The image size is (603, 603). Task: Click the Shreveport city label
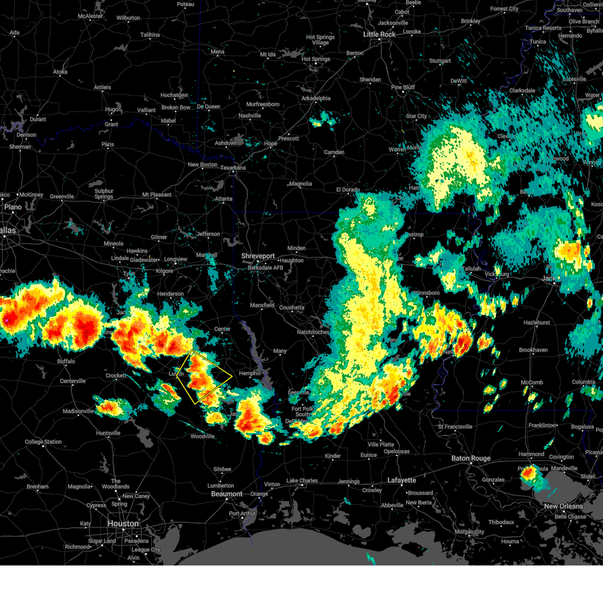tap(258, 256)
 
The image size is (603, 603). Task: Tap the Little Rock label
tap(379, 34)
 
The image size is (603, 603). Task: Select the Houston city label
tap(123, 524)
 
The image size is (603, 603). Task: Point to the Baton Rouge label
tap(471, 458)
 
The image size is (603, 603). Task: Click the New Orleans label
tap(564, 506)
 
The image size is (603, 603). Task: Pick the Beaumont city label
tap(227, 494)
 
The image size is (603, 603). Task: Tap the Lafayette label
tap(401, 480)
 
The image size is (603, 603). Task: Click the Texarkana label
tap(233, 168)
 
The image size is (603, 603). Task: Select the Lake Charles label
tap(302, 481)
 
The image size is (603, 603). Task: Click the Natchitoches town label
tap(313, 332)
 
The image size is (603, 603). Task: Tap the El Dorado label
tap(348, 190)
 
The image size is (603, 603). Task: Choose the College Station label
tap(43, 442)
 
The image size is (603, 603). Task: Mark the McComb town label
tap(532, 382)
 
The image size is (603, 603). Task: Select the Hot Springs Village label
tap(320, 40)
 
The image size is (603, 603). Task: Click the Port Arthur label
tap(242, 514)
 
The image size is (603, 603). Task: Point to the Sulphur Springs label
tap(104, 194)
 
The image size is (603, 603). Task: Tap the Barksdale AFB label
tap(265, 268)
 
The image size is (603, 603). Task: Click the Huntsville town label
tap(108, 433)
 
